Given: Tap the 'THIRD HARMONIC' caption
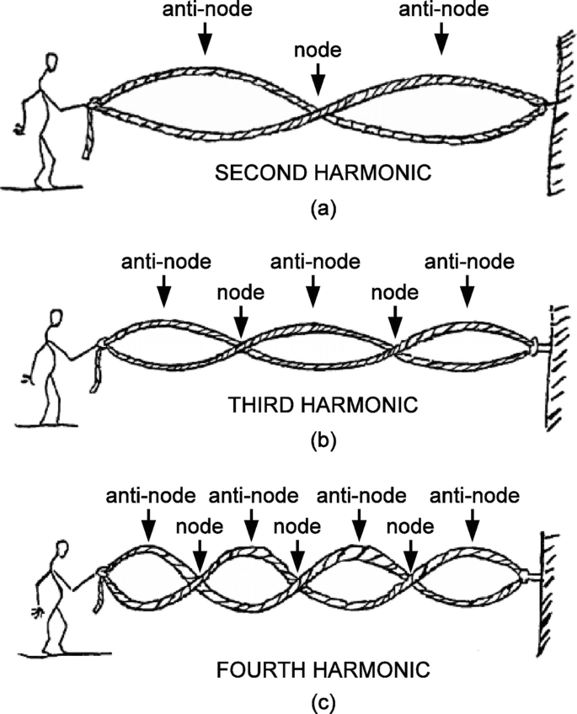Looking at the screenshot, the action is click(323, 404).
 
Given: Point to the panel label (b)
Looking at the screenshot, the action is click(322, 440).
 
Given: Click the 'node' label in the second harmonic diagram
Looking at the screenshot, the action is click(318, 50).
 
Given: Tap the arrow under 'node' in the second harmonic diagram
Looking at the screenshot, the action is click(318, 82).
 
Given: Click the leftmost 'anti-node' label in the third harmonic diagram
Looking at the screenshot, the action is click(164, 261).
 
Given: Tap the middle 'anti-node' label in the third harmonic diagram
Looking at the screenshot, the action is click(314, 261).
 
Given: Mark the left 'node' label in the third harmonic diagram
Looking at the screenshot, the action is click(240, 293).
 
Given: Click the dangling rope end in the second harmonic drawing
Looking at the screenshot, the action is click(88, 140).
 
